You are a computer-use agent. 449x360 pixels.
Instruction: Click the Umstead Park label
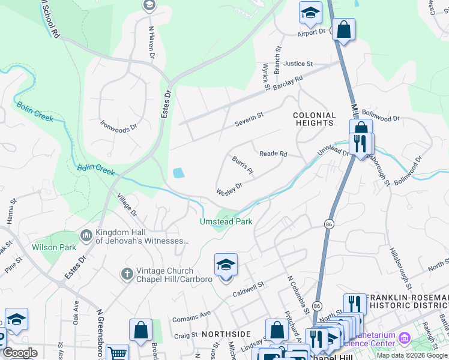click(226, 221)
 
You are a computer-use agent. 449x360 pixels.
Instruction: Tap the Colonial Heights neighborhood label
click(314, 119)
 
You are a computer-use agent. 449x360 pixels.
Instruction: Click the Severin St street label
click(248, 115)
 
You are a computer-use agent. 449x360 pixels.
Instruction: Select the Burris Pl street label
click(243, 166)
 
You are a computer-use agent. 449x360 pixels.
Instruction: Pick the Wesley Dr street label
click(229, 188)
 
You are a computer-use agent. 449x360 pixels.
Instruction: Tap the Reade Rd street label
click(273, 154)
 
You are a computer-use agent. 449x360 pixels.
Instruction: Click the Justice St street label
click(298, 64)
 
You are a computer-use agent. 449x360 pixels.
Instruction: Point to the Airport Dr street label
click(311, 31)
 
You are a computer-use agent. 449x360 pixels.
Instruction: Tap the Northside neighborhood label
click(226, 334)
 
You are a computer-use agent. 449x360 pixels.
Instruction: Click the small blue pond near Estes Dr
click(179, 173)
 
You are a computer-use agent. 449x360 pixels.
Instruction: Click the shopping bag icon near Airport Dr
click(343, 29)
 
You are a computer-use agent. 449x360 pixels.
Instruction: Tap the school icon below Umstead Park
click(226, 265)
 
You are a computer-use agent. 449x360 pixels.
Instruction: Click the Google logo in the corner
click(20, 353)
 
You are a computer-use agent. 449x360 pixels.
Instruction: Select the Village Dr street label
click(127, 206)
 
